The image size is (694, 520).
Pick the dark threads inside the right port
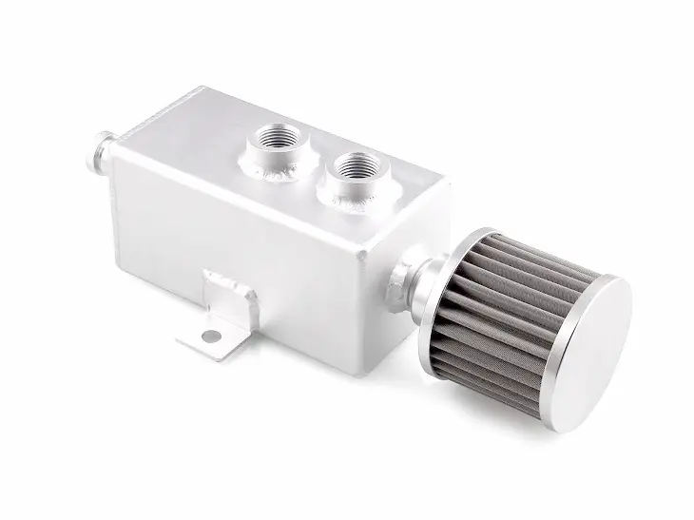pos(358,165)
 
